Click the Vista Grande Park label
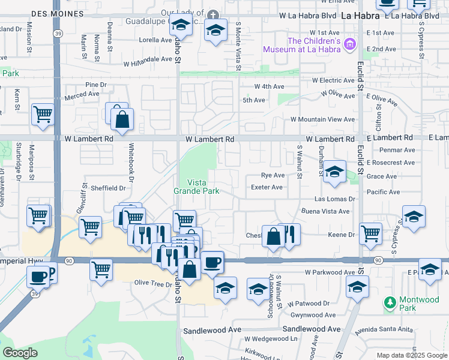coord(196,187)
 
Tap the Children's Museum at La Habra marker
coord(351,45)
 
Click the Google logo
coord(20,353)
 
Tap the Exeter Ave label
coord(267,187)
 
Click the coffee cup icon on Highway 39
coord(39,276)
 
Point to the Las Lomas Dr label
coord(336,199)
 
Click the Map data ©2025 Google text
coord(411,355)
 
